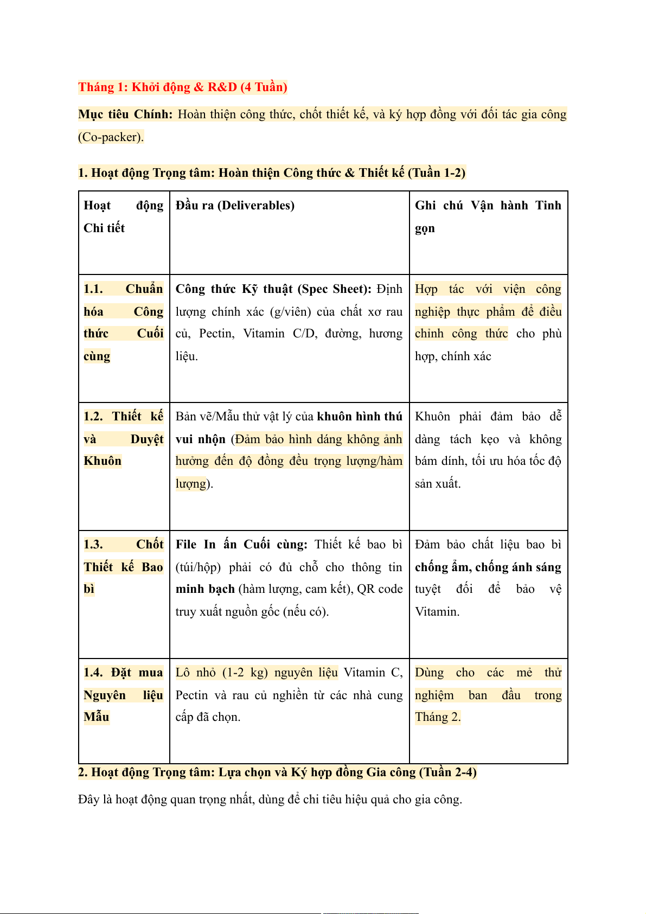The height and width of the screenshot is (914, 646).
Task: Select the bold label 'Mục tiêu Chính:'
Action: [125, 114]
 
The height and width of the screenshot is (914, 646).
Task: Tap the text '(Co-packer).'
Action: [111, 137]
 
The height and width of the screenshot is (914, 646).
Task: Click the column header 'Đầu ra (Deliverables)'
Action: [235, 206]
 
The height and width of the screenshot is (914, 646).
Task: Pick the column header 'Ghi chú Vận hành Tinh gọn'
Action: [488, 216]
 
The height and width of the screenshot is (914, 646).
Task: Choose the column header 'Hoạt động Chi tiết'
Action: [123, 216]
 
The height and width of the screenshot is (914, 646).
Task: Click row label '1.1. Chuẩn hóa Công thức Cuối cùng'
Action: [123, 322]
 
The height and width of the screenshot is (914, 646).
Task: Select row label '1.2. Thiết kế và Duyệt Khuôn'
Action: [123, 439]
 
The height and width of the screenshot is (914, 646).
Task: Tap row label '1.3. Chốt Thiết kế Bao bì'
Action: [123, 567]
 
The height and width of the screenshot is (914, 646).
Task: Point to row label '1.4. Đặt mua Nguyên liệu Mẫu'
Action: [123, 695]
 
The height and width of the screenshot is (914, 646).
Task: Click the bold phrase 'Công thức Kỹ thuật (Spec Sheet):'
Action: [273, 289]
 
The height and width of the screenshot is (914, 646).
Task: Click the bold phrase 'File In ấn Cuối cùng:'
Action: [241, 545]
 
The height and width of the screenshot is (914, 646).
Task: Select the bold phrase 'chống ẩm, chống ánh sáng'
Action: [488, 567]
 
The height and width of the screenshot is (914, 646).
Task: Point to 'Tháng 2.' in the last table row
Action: [438, 717]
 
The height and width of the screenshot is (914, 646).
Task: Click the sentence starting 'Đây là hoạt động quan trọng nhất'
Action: [270, 800]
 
